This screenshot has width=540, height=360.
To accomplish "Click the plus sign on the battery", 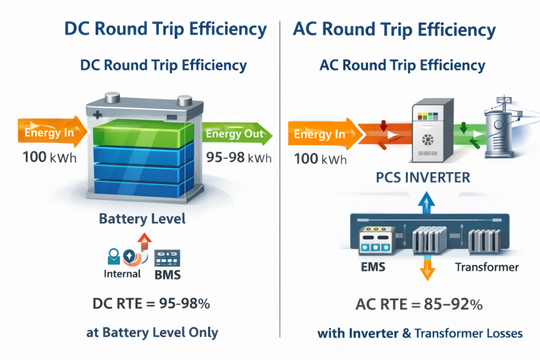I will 96,114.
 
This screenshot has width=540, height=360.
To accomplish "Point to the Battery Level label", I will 142,219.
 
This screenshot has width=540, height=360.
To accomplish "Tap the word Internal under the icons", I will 122,273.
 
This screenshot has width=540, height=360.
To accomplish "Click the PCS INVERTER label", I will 423,177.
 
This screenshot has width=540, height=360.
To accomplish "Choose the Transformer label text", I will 487,268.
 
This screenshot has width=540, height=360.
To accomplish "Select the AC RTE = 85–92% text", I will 419,304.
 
